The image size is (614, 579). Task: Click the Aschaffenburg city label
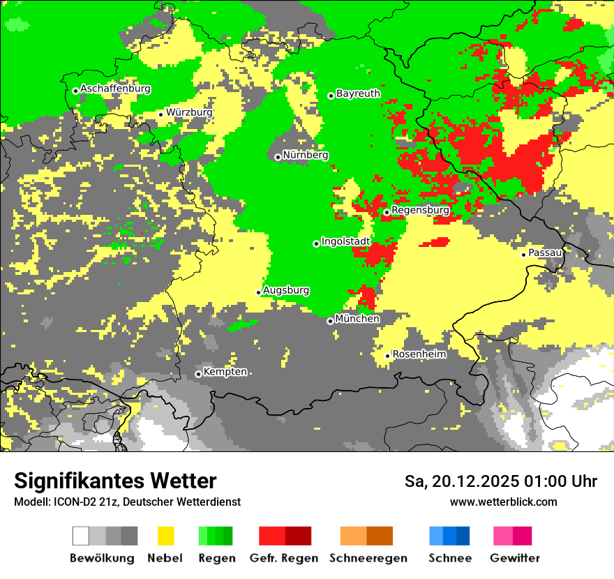click(x=115, y=89)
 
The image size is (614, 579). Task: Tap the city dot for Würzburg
click(x=160, y=114)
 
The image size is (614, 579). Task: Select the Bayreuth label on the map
click(x=358, y=93)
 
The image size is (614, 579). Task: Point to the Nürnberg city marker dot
click(x=278, y=157)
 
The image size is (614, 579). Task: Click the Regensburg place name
click(x=420, y=210)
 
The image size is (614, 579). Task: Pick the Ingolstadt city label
click(x=345, y=241)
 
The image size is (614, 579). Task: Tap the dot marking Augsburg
click(x=258, y=292)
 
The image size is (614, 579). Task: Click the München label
click(x=357, y=319)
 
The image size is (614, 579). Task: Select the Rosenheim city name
click(x=419, y=354)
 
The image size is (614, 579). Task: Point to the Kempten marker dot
click(x=198, y=374)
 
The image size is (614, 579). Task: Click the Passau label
click(x=545, y=253)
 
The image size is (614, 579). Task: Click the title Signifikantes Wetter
click(x=115, y=481)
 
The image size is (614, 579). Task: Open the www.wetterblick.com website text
click(x=503, y=502)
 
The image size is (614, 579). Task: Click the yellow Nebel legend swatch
click(x=165, y=536)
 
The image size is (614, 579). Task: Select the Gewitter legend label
click(x=514, y=558)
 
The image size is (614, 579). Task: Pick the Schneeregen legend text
click(x=368, y=558)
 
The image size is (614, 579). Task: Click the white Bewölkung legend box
click(x=81, y=536)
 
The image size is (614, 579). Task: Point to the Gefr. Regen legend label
click(x=283, y=558)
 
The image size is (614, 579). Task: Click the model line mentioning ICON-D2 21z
click(x=127, y=502)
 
